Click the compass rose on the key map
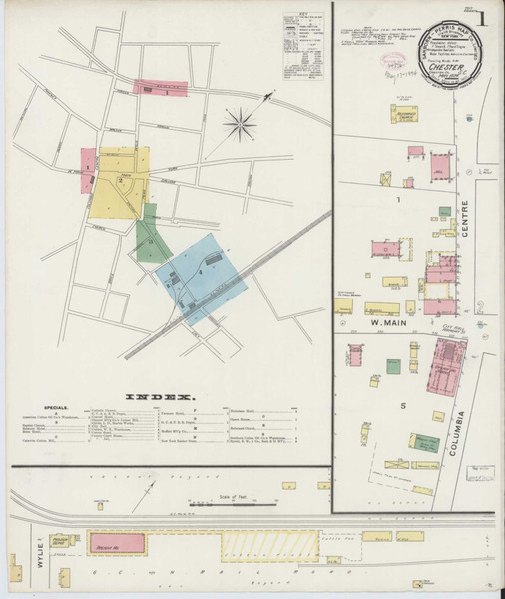point(239,124)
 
